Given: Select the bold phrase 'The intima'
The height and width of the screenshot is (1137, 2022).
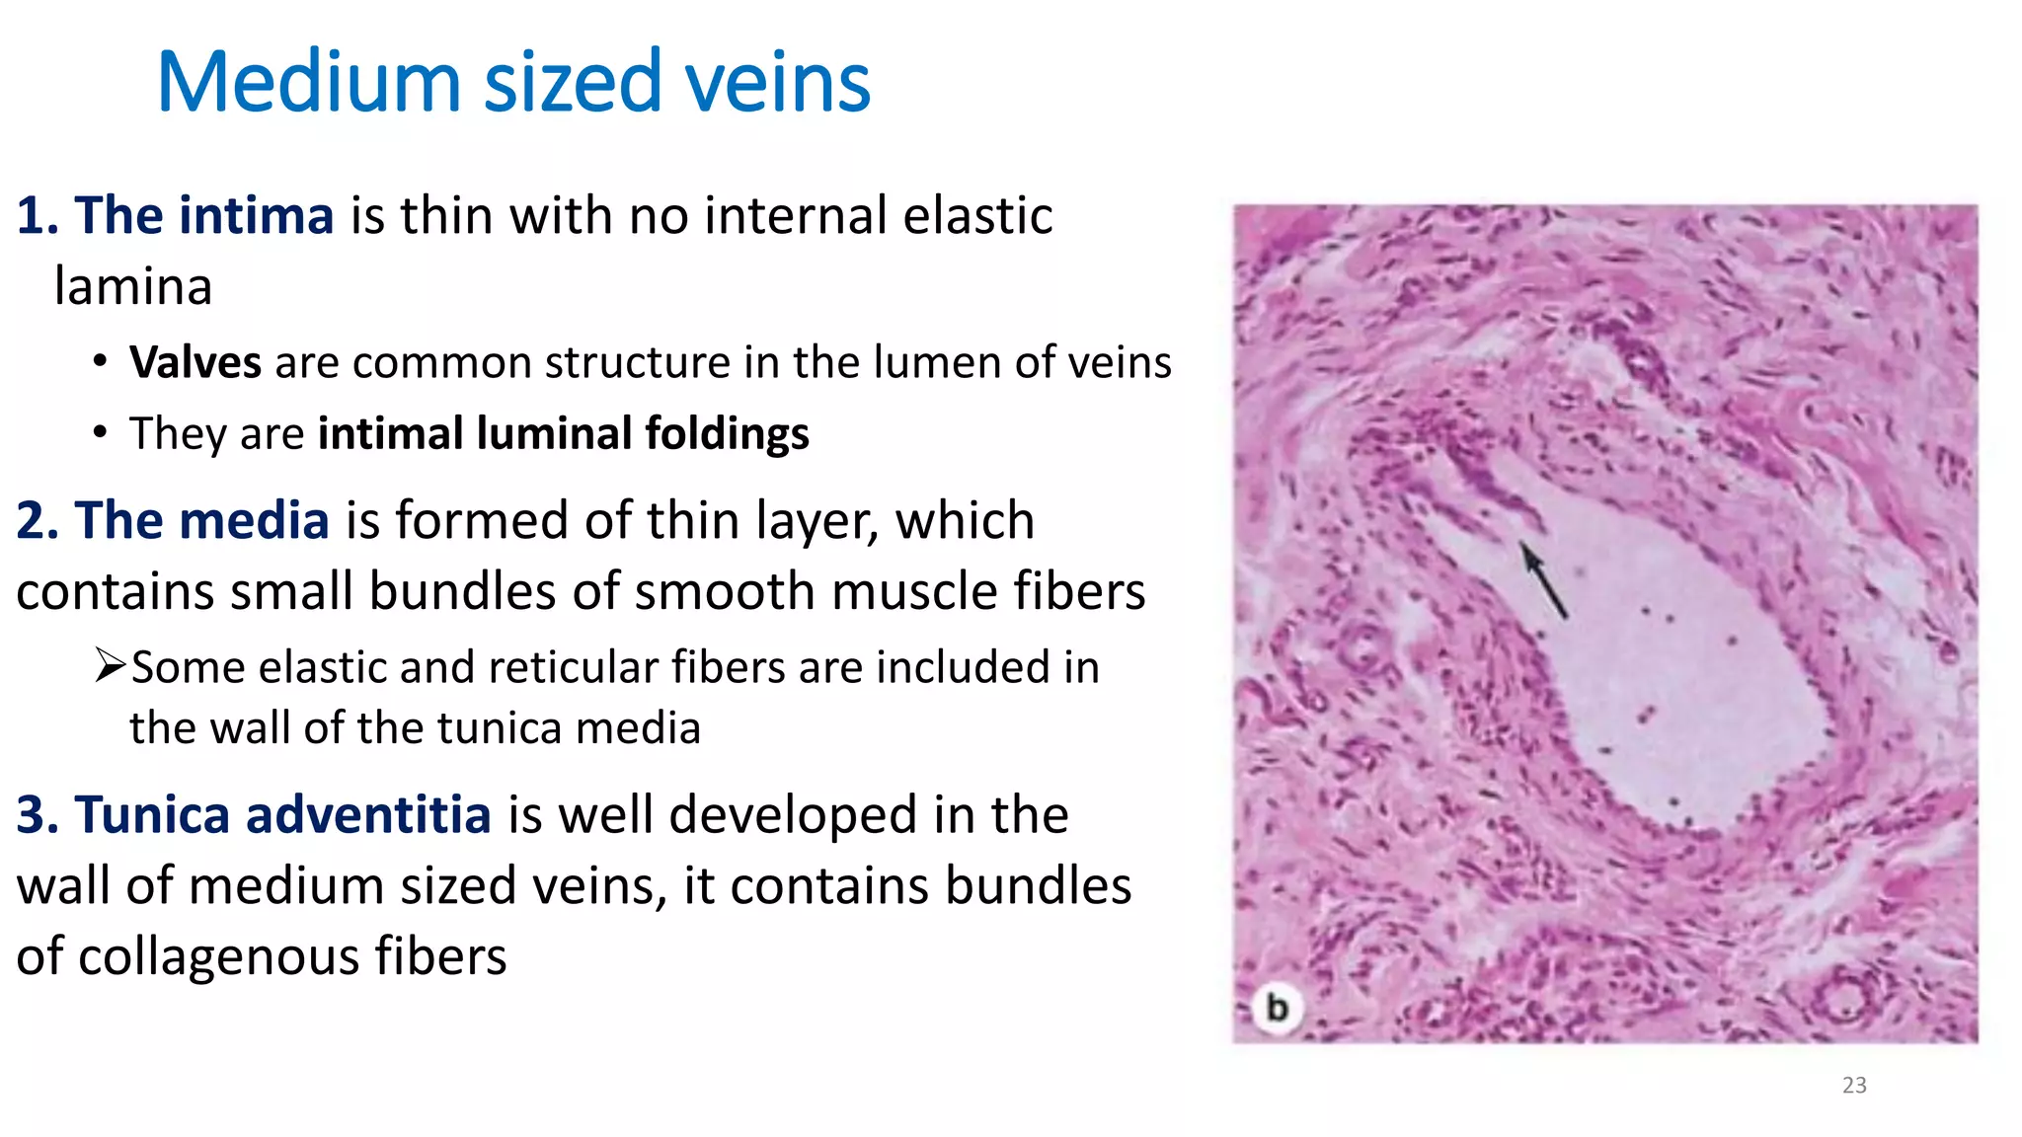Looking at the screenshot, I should (204, 215).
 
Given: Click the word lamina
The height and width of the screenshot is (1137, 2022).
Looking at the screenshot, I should (133, 287).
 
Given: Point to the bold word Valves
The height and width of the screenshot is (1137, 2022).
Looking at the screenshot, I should (195, 362).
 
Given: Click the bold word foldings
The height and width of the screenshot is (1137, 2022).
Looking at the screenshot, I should (727, 433).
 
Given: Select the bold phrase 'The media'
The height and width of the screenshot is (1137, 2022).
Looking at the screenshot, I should (201, 520).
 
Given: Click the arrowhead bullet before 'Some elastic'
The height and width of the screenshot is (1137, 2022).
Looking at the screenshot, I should (111, 665).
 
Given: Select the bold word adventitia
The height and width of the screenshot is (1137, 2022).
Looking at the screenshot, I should (367, 815).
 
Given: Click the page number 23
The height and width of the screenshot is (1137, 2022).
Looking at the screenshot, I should (1854, 1086).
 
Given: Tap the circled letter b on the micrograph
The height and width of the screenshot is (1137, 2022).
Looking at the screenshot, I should (1277, 1009).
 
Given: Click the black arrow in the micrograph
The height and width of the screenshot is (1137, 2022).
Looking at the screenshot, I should (1543, 580).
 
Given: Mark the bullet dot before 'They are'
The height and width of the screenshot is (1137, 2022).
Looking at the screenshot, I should (100, 432).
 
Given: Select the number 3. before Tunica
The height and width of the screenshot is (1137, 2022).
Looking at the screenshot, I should (38, 815).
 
